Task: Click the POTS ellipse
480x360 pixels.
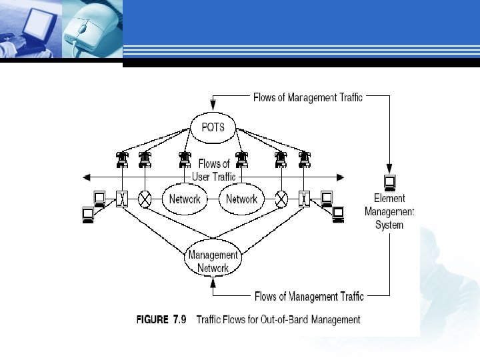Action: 213,127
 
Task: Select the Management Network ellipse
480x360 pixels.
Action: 213,261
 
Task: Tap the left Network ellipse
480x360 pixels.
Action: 185,199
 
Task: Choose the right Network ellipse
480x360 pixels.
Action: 241,199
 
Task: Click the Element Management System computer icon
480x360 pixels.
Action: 389,181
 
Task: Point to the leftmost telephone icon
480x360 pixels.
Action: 121,160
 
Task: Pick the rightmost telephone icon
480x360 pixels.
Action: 305,160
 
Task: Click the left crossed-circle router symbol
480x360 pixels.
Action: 145,198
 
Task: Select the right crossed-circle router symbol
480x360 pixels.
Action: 282,198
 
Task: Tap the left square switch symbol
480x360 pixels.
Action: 121,198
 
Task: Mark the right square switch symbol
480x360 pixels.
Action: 305,198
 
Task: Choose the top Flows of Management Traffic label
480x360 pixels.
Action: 308,97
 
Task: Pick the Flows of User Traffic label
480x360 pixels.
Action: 213,171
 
